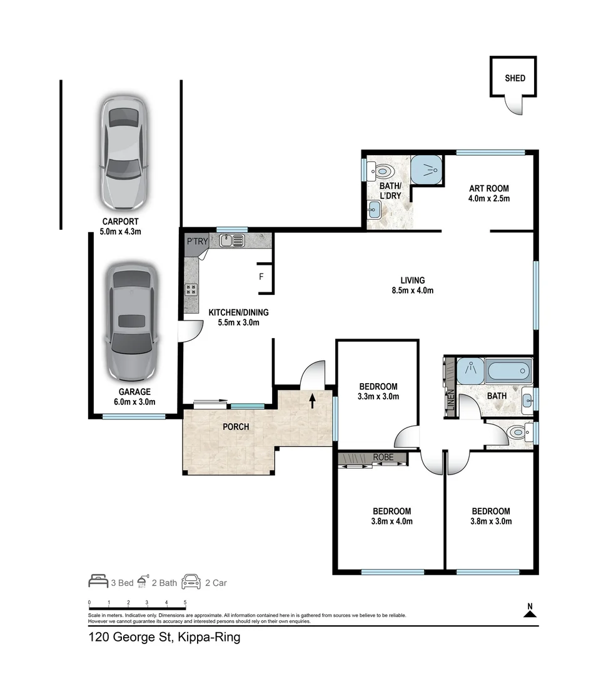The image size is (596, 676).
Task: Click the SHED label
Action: (515, 78)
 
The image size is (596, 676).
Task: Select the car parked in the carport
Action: (124, 153)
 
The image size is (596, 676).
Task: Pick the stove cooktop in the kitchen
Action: (191, 289)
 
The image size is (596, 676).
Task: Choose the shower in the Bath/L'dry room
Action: (427, 169)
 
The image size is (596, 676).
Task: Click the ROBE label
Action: (383, 458)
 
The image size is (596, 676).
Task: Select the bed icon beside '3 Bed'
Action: (97, 582)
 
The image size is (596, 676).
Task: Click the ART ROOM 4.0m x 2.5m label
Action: (489, 193)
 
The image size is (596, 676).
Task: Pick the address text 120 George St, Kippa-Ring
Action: (164, 638)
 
